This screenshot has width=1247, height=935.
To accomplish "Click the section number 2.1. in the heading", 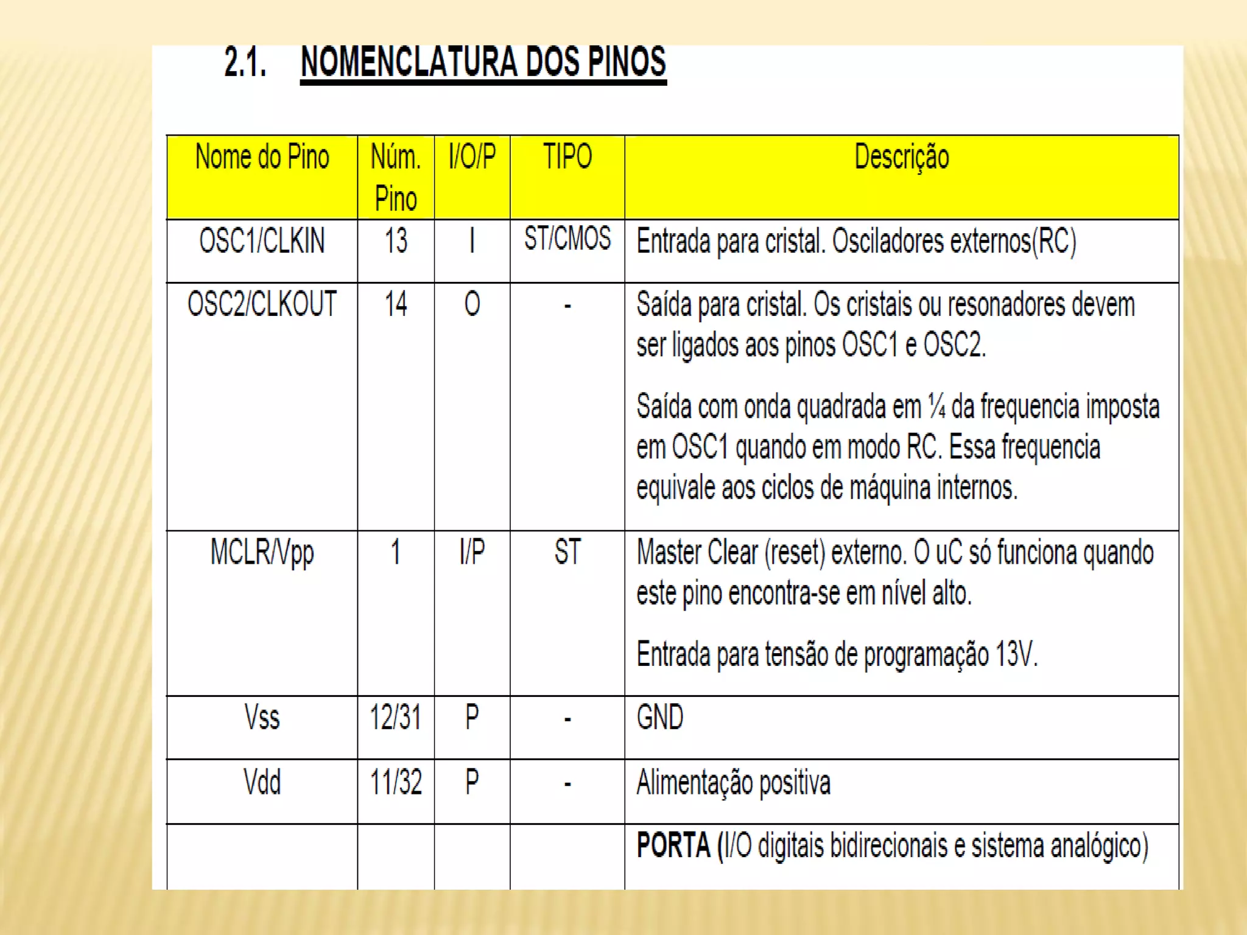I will pyautogui.click(x=245, y=63).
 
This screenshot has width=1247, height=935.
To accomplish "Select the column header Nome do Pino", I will pyautogui.click(x=262, y=157).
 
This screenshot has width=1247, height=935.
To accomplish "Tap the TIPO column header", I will pyautogui.click(x=567, y=157).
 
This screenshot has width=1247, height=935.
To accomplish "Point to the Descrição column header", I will pyautogui.click(x=901, y=157).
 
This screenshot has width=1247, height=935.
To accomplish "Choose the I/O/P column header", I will pyautogui.click(x=472, y=157).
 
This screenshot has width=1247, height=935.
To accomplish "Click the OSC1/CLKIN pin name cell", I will pyautogui.click(x=262, y=241).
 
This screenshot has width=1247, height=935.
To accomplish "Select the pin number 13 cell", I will pyautogui.click(x=396, y=241).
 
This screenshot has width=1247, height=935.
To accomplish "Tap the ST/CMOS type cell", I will pyautogui.click(x=567, y=239).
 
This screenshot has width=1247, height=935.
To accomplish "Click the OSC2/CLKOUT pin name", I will pyautogui.click(x=262, y=304).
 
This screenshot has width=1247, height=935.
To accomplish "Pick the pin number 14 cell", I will pyautogui.click(x=396, y=304).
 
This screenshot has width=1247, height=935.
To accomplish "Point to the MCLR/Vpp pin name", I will pyautogui.click(x=262, y=553).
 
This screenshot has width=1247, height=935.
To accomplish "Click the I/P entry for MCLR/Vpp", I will pyautogui.click(x=472, y=552).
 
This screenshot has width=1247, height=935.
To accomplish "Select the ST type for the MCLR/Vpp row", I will pyautogui.click(x=567, y=552).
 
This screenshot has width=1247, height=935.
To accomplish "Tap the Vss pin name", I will pyautogui.click(x=262, y=717).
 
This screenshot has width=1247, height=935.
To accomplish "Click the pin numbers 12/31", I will pyautogui.click(x=396, y=717).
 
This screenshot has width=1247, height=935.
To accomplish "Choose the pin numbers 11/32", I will pyautogui.click(x=396, y=783).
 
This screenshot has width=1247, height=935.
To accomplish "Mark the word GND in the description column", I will pyautogui.click(x=660, y=717).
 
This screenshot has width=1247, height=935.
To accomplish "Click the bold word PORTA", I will pyautogui.click(x=673, y=846).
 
